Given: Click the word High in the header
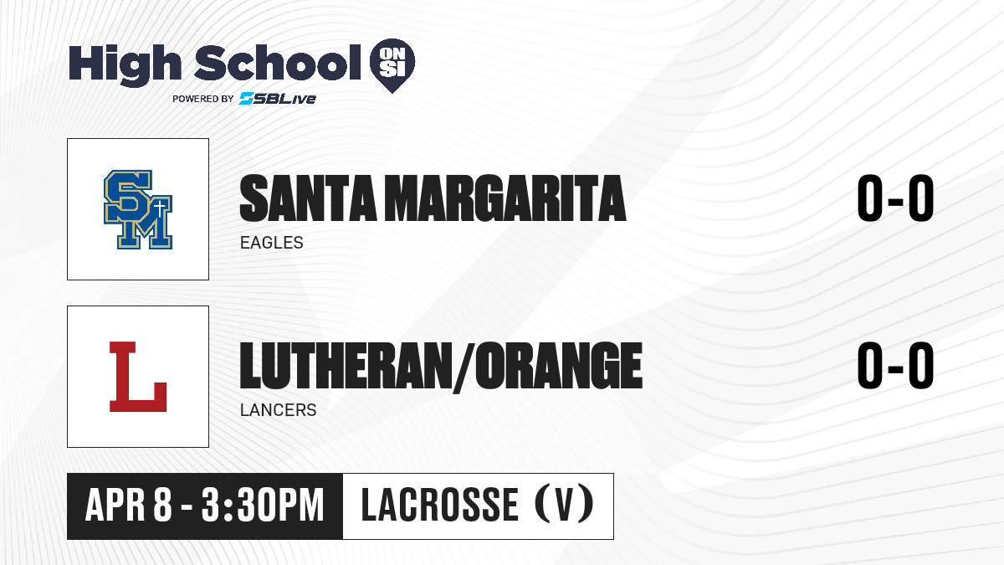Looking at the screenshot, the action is coord(125,64).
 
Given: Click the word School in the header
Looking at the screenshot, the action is coord(278,63).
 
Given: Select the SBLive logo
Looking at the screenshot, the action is coord(278,98).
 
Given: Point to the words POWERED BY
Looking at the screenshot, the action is coord(203,99).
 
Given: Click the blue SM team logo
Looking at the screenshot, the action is coord(138,209).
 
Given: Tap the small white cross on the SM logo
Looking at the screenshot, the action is coord(160,208).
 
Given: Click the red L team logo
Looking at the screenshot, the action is coord(138,377).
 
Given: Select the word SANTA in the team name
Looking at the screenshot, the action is coord(308,198).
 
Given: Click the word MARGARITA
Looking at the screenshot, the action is coord(505,198).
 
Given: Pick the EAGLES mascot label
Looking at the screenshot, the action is coord(272,243).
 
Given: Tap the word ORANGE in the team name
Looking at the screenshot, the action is coord(559,366).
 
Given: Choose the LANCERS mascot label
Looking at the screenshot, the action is coord(279,410).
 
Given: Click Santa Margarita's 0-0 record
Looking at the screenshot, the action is coord(895,198).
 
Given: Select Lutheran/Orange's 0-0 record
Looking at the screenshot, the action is coord(895,365).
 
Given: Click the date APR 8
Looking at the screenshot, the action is coord(129,505).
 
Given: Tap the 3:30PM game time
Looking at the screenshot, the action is coord(263,505).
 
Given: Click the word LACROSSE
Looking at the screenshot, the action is coord(440,505).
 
